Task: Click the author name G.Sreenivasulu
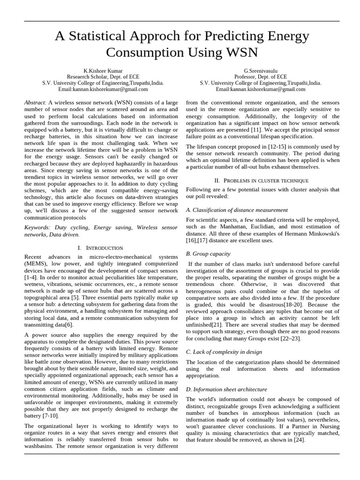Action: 260,70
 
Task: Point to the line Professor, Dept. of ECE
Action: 260,76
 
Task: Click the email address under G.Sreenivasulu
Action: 260,89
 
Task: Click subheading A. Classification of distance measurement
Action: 237,210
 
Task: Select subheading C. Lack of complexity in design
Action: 224,352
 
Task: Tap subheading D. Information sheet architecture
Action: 226,389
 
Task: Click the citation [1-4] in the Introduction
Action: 32,278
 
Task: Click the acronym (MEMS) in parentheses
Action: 37,264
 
